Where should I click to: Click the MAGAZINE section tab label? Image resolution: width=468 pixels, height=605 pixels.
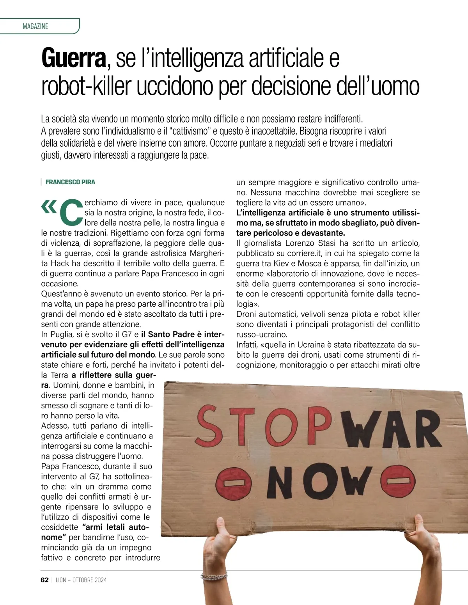(x=35, y=27)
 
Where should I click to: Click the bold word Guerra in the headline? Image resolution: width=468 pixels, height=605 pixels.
(x=74, y=58)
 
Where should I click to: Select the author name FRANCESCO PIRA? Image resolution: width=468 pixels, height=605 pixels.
(x=70, y=182)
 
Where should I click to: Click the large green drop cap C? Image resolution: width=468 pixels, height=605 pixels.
(x=72, y=213)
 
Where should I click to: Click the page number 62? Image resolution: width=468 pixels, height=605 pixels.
(x=44, y=580)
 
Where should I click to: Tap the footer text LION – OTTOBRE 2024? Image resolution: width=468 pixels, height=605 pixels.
(x=81, y=580)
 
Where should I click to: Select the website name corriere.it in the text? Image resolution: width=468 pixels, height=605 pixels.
(x=303, y=253)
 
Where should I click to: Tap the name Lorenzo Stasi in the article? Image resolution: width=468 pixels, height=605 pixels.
(x=310, y=243)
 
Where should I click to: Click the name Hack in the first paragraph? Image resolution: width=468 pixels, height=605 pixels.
(x=60, y=263)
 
